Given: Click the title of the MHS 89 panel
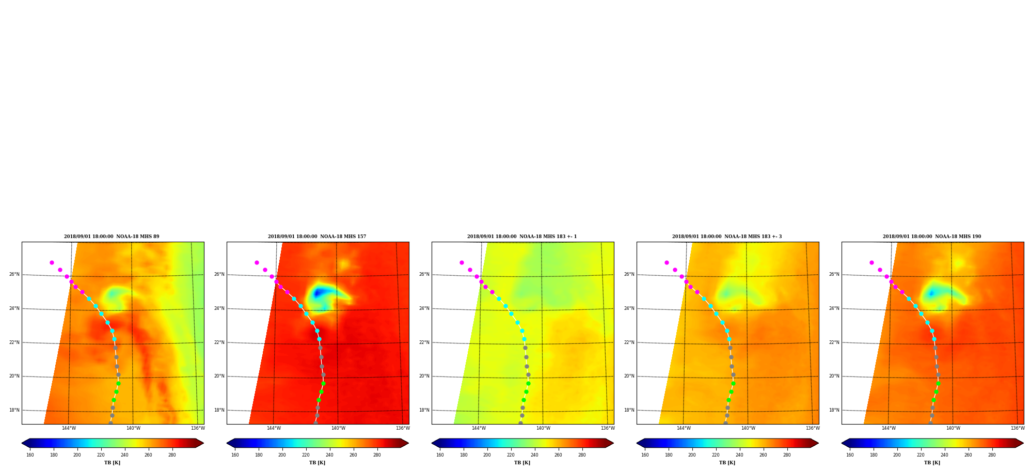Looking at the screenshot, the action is (112, 237).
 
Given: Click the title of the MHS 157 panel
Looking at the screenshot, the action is (317, 237).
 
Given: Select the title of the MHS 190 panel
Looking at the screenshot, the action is (932, 237).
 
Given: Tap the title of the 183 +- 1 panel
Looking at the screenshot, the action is (522, 237).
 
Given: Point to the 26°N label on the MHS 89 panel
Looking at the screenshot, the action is (14, 274).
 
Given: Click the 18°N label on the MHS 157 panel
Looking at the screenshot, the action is (219, 410).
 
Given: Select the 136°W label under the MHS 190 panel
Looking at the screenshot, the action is (1018, 428).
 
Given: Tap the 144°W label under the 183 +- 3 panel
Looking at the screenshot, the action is (684, 428).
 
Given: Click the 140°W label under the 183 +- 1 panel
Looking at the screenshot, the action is (543, 428).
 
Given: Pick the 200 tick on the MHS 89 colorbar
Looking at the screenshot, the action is (77, 455).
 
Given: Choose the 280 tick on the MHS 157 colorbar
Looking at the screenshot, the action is (377, 455).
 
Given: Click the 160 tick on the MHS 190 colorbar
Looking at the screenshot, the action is (850, 455).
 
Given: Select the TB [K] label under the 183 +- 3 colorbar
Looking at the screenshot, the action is (727, 463).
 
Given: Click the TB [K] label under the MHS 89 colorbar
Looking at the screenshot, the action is (113, 463).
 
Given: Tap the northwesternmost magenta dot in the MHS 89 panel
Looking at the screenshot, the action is (52, 262).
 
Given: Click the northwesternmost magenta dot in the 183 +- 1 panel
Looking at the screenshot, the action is (462, 262).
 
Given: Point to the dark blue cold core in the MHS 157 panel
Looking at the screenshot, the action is (319, 293).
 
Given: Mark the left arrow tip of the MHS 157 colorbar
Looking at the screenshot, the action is (227, 443).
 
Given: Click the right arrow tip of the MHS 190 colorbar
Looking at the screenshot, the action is (1023, 443).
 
